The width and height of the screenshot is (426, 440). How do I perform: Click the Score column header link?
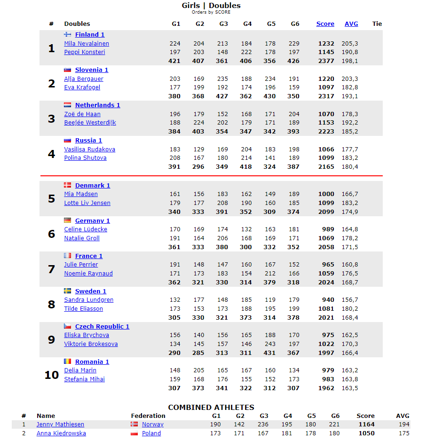(x=325, y=24)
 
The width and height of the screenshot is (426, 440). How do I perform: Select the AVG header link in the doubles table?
(x=351, y=24)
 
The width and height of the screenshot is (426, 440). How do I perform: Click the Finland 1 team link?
(x=90, y=35)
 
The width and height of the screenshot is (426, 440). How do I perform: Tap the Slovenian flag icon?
(x=67, y=70)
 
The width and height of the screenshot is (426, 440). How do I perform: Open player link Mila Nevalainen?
(x=87, y=44)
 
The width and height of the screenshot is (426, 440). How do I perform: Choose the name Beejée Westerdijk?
(x=90, y=123)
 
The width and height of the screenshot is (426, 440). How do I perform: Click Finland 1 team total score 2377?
(x=326, y=61)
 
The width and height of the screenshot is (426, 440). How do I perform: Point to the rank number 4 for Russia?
(x=51, y=154)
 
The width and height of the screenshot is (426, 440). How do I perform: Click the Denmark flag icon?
(x=67, y=185)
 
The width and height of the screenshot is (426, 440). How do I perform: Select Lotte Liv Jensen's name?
(x=87, y=203)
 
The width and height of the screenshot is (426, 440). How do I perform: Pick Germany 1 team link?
(x=92, y=221)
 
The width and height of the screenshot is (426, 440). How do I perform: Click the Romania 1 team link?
(x=92, y=362)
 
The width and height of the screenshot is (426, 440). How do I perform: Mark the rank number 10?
(x=51, y=375)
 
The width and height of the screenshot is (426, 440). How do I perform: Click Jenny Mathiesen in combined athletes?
(x=60, y=424)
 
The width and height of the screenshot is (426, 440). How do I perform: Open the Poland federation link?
(x=151, y=433)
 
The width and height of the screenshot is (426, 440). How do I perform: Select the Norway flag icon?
(x=134, y=424)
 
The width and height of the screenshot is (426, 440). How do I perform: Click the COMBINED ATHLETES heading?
(x=211, y=408)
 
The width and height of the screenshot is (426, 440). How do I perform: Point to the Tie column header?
(x=377, y=24)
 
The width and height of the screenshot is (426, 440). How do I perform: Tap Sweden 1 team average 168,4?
(x=350, y=318)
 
